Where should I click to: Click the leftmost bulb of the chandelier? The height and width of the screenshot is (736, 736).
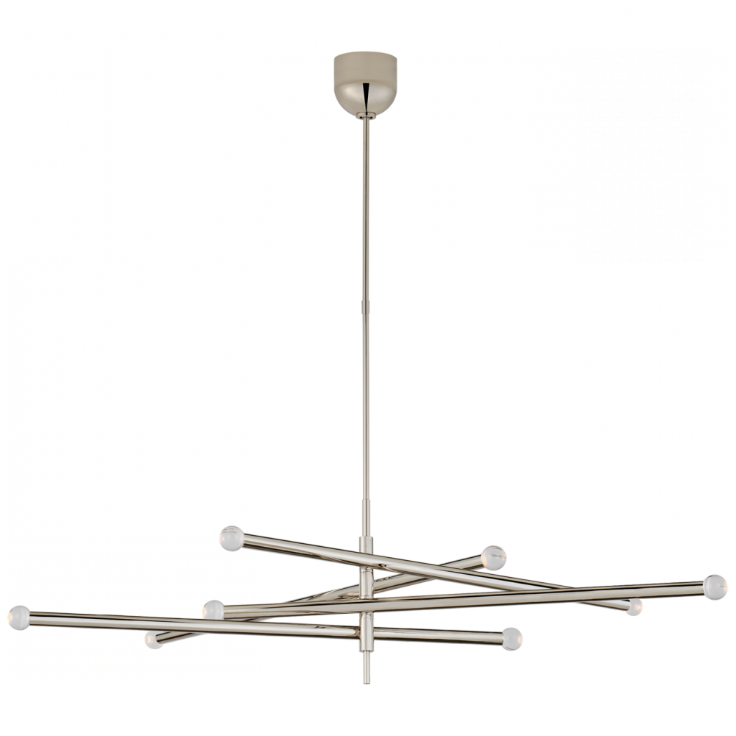(x=19, y=615)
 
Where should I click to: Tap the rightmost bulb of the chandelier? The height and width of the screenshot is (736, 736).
(x=713, y=586)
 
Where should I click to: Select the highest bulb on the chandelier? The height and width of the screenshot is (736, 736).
(x=230, y=539)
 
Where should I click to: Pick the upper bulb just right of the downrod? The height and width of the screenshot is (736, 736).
(x=492, y=557)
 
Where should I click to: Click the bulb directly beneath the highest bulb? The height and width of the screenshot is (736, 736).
(x=213, y=610)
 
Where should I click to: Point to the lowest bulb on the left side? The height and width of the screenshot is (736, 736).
(x=148, y=642)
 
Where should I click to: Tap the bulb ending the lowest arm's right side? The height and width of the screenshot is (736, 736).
(x=513, y=637)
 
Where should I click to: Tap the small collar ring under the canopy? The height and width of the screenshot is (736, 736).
(x=365, y=116)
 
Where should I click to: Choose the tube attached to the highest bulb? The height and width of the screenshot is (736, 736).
(x=309, y=552)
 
